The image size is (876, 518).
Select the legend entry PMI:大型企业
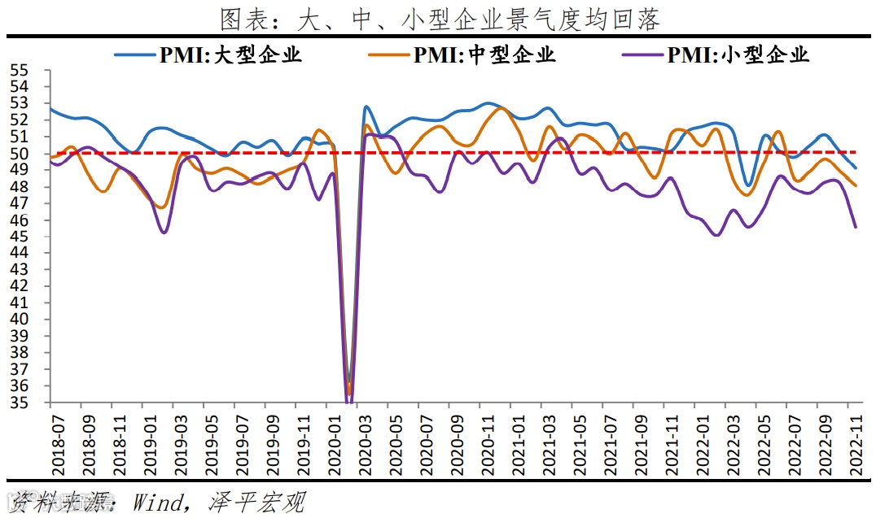click(x=208, y=55)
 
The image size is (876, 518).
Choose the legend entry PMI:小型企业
click(x=716, y=55)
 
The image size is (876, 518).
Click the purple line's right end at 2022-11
click(x=855, y=227)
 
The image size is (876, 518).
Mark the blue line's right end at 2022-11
click(x=855, y=168)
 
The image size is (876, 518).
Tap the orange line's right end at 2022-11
click(x=855, y=185)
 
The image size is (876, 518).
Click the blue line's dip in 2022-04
click(x=747, y=185)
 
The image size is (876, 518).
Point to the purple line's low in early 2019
click(x=164, y=233)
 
